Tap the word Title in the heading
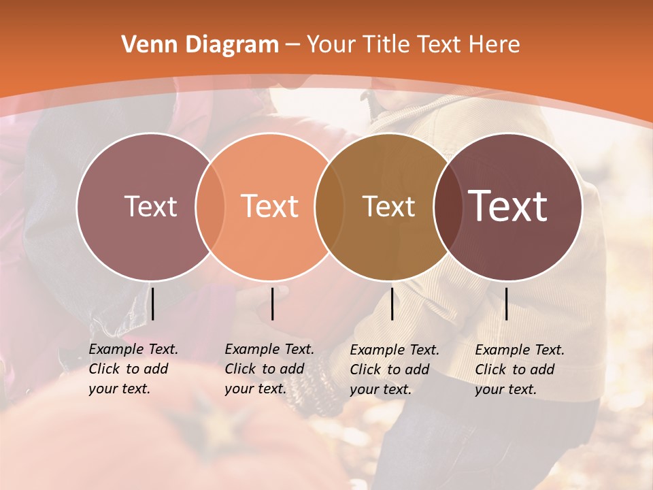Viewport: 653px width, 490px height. pyautogui.click(x=386, y=45)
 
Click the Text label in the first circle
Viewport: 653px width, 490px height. pyautogui.click(x=150, y=207)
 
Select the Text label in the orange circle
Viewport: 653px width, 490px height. pyautogui.click(x=270, y=207)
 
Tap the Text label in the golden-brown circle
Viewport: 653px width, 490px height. pyautogui.click(x=389, y=207)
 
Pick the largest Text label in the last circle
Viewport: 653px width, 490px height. pyautogui.click(x=508, y=206)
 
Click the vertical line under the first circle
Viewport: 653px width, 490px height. pyautogui.click(x=153, y=304)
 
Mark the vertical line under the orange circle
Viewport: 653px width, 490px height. pyautogui.click(x=272, y=304)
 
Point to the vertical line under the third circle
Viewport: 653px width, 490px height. pyautogui.click(x=392, y=304)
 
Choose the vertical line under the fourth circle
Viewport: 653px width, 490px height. pyautogui.click(x=506, y=304)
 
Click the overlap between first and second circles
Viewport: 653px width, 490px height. pyautogui.click(x=210, y=207)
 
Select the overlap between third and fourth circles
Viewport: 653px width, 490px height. pyautogui.click(x=446, y=207)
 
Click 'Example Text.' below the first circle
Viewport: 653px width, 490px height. pyautogui.click(x=133, y=349)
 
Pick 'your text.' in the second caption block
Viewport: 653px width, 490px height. pyautogui.click(x=255, y=389)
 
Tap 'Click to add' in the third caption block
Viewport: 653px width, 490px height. pyautogui.click(x=390, y=370)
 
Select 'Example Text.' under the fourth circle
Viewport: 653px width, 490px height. pyautogui.click(x=520, y=350)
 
